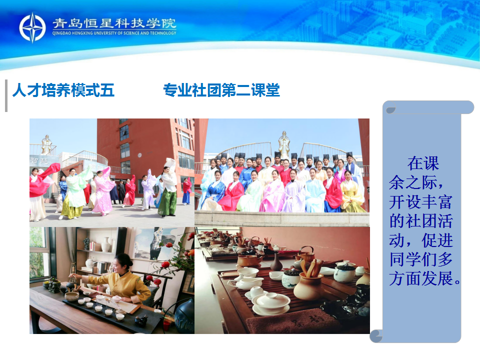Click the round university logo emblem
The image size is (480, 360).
[x=32, y=27]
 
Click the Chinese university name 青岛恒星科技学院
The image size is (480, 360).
[x=114, y=23]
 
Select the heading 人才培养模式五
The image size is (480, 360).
[x=63, y=90]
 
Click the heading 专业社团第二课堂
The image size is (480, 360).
[x=221, y=90]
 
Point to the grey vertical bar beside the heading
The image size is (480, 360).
[x=6, y=96]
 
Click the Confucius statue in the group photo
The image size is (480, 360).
[x=284, y=145]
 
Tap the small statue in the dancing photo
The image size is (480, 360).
[x=46, y=145]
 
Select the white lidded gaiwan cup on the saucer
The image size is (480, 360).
[x=271, y=302]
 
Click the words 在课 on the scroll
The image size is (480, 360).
[x=423, y=163]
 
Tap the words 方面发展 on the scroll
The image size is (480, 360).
[x=421, y=278]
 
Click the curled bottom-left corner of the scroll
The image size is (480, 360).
[x=376, y=336]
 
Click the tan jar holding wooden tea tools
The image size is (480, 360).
[x=309, y=284]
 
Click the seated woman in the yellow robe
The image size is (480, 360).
[x=352, y=193]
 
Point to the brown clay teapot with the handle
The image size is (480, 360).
[x=248, y=258]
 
